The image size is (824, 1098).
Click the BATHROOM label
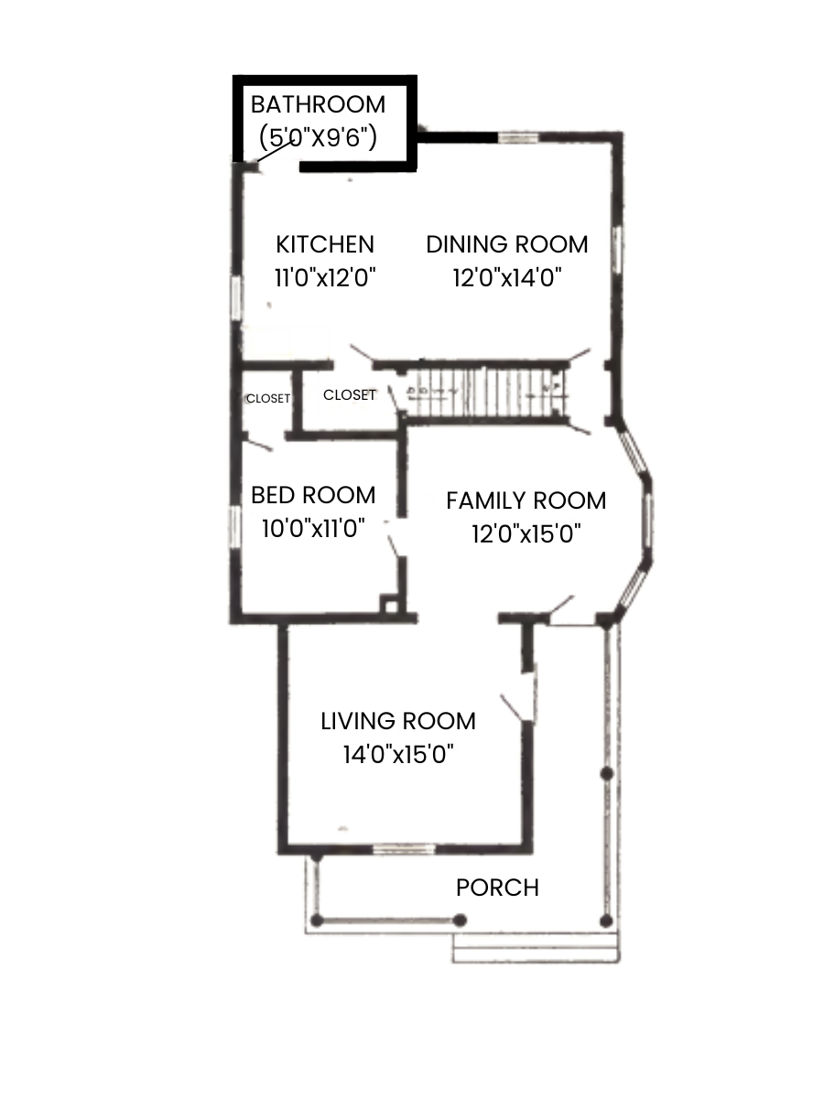click(319, 103)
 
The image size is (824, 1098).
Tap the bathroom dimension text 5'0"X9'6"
click(319, 137)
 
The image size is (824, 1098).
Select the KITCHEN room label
click(325, 244)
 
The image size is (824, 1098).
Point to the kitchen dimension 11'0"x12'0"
click(326, 277)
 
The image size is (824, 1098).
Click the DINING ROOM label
click(506, 244)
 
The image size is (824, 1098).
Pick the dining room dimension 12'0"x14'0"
click(506, 277)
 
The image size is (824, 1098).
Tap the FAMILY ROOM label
click(526, 501)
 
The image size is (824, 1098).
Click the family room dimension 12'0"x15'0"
click(526, 533)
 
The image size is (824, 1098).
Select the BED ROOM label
click(313, 495)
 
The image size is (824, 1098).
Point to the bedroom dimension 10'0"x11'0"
click(313, 528)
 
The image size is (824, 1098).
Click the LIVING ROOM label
click(398, 721)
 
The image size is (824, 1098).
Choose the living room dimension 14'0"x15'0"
click(398, 754)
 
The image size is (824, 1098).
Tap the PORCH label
click(497, 888)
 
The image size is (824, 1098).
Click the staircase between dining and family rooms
click(485, 393)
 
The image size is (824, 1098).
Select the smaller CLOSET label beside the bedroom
click(267, 399)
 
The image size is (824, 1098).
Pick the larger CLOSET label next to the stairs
click(350, 395)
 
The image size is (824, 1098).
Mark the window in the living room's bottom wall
click(404, 849)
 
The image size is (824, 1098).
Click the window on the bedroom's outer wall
click(235, 528)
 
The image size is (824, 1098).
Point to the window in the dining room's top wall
click(518, 137)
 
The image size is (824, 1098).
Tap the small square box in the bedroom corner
click(391, 604)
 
